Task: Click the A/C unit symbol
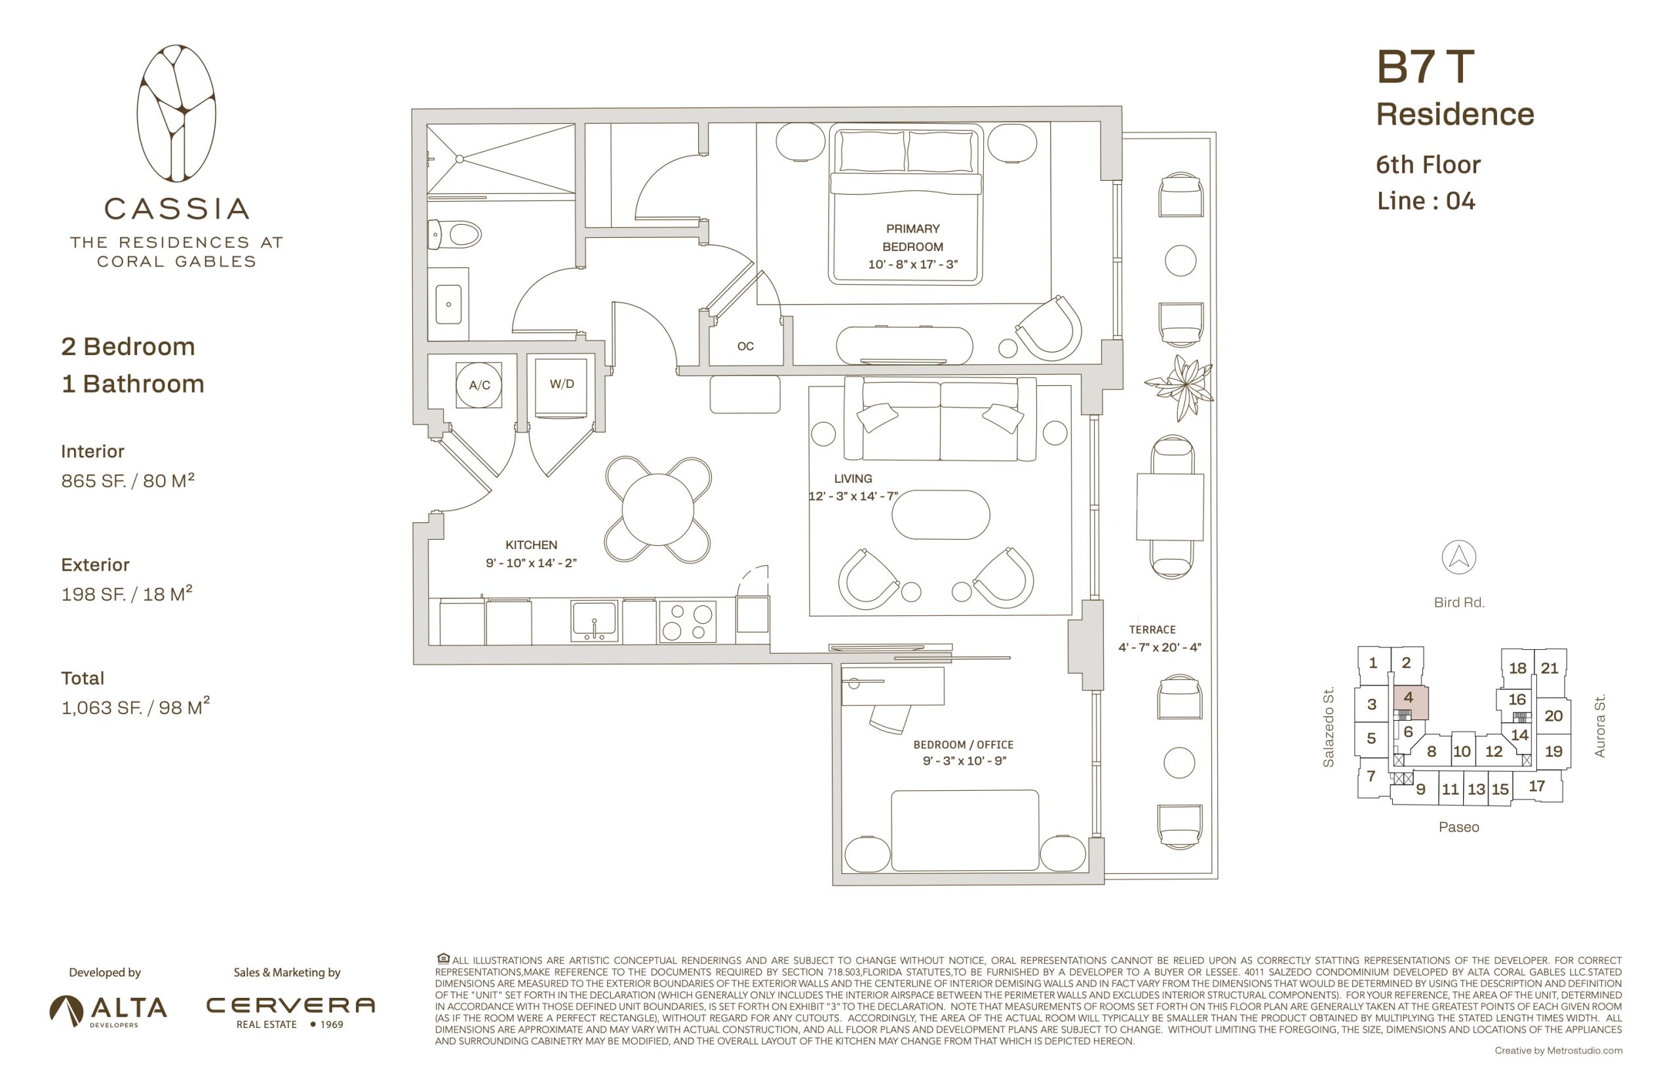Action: (478, 385)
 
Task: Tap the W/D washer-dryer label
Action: (562, 384)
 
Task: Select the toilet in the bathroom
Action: (454, 234)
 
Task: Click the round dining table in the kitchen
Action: (657, 509)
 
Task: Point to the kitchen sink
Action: (594, 619)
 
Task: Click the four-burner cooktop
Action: (687, 620)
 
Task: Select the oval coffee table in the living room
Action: (940, 514)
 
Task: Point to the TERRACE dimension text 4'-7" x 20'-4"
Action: (1160, 647)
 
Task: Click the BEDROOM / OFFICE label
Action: (964, 745)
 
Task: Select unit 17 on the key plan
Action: (1537, 786)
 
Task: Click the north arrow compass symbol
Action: (1458, 558)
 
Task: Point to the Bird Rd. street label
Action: (1459, 602)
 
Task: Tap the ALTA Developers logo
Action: (109, 1011)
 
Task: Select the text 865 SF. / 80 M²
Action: (128, 480)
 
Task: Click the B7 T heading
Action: (1425, 67)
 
